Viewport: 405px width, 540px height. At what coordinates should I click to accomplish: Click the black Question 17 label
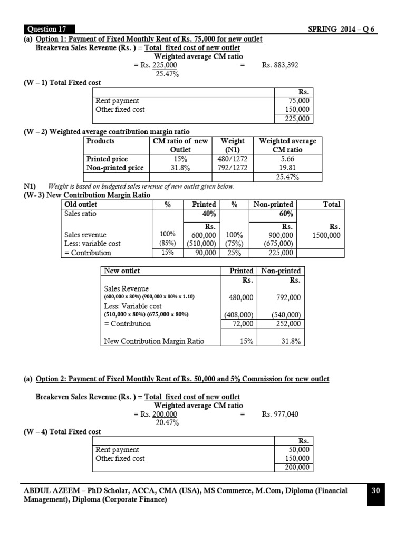49,29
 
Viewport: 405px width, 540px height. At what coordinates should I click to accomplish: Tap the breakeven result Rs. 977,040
280,414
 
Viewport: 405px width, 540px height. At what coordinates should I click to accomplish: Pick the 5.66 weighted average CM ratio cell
287,159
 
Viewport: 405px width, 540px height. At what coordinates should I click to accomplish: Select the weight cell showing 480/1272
233,159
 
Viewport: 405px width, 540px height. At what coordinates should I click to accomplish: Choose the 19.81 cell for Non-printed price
287,168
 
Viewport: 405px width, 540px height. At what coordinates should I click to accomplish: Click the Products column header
100,141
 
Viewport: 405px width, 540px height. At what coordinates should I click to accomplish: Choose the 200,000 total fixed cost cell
298,467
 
